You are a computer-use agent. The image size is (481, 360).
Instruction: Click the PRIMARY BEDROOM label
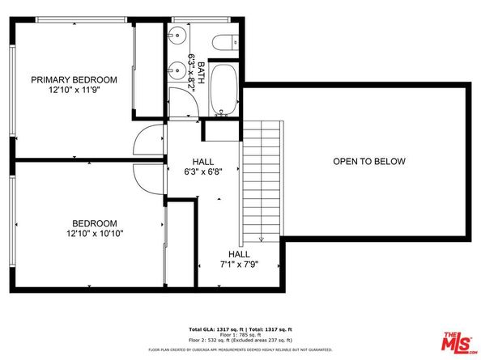(74, 79)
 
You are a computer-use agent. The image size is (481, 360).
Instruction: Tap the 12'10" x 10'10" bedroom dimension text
(96, 233)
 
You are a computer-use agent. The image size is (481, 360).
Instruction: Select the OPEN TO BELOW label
(368, 162)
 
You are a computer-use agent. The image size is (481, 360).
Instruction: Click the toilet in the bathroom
(222, 42)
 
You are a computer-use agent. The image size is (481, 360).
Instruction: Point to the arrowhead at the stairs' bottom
(261, 239)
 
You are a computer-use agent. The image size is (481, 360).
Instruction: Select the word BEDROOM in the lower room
(95, 223)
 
